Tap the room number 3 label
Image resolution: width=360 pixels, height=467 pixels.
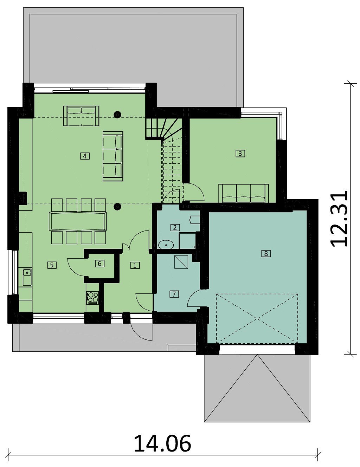coord(240,154)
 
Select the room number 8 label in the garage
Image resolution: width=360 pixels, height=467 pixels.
coord(266,254)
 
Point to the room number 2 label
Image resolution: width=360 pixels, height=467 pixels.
coord(175,228)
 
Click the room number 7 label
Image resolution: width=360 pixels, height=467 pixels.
coord(174,294)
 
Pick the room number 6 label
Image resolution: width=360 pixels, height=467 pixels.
coord(100,264)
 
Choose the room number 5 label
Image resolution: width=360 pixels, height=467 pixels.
coord(52,265)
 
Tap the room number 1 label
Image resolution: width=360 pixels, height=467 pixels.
coord(135,265)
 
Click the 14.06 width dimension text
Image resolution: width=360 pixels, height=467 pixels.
coord(162,443)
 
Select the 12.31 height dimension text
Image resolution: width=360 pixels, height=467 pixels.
coord(339,219)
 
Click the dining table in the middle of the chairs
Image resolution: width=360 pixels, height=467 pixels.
coord(78,221)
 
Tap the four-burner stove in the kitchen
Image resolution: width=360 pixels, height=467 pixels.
coord(92,298)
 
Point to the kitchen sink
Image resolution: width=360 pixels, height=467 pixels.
coord(27,277)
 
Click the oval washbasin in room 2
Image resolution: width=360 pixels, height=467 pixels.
coord(166,245)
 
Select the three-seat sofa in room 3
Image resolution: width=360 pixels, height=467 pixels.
coord(244,193)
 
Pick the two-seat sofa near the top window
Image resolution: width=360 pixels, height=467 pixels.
coord(81,116)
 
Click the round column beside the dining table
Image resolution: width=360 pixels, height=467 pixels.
coord(117,207)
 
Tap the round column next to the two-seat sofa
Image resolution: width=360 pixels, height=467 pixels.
coord(117,115)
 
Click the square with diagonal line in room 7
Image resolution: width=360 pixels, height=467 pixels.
coord(181,262)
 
